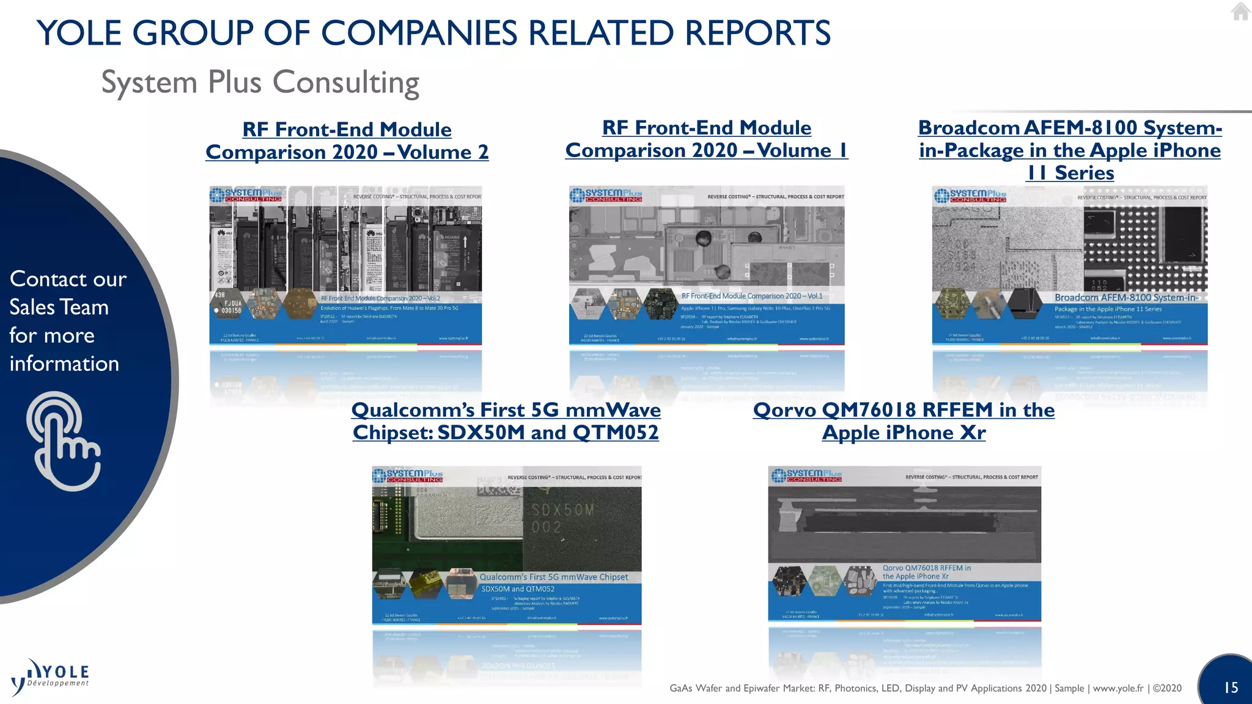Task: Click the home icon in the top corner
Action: tap(1240, 11)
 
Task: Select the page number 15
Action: tap(1231, 687)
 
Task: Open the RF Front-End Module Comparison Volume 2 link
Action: tap(347, 141)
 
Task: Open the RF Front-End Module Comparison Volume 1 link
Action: tap(706, 139)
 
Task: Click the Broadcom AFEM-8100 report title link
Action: tap(1070, 150)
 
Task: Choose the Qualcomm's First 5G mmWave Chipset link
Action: tap(506, 421)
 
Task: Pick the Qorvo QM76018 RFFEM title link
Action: tap(904, 421)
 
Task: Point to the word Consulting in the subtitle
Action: tap(345, 82)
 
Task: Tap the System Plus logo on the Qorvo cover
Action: tap(807, 475)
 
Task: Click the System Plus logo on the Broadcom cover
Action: tap(970, 196)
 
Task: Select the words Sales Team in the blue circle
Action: tap(59, 307)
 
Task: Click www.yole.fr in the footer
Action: tap(1118, 688)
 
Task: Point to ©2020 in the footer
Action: tap(1167, 688)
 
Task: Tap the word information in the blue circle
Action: tap(64, 364)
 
